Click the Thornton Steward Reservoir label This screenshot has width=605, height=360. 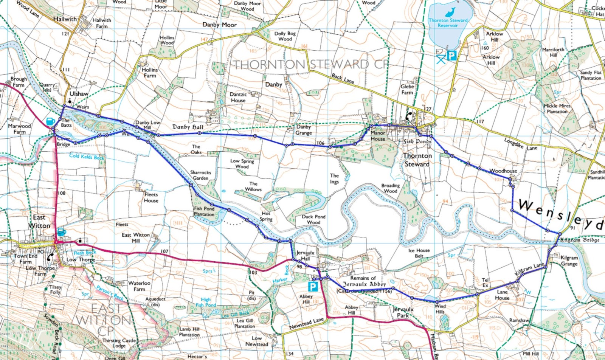448,23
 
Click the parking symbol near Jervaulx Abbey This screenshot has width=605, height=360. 312,286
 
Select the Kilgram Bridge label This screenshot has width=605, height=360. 580,240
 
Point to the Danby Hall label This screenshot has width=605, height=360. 188,127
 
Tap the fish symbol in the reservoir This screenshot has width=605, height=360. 450,12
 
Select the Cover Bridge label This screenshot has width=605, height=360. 64,141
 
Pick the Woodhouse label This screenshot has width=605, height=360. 503,171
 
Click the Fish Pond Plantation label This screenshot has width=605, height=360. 204,211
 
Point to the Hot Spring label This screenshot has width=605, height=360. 266,216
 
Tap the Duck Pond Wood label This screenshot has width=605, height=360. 313,220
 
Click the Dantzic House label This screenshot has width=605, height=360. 238,97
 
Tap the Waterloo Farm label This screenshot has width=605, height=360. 139,286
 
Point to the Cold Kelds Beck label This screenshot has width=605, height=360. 87,156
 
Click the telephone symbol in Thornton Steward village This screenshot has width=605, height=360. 408,116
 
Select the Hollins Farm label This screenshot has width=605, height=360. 150,73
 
